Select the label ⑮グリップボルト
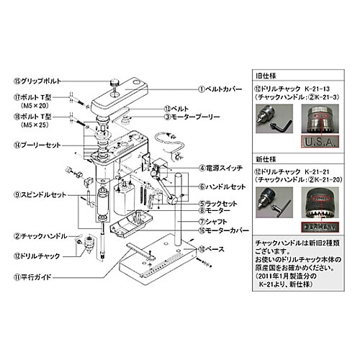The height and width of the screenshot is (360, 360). (34, 81)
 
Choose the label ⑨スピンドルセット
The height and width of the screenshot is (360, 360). (37, 195)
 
